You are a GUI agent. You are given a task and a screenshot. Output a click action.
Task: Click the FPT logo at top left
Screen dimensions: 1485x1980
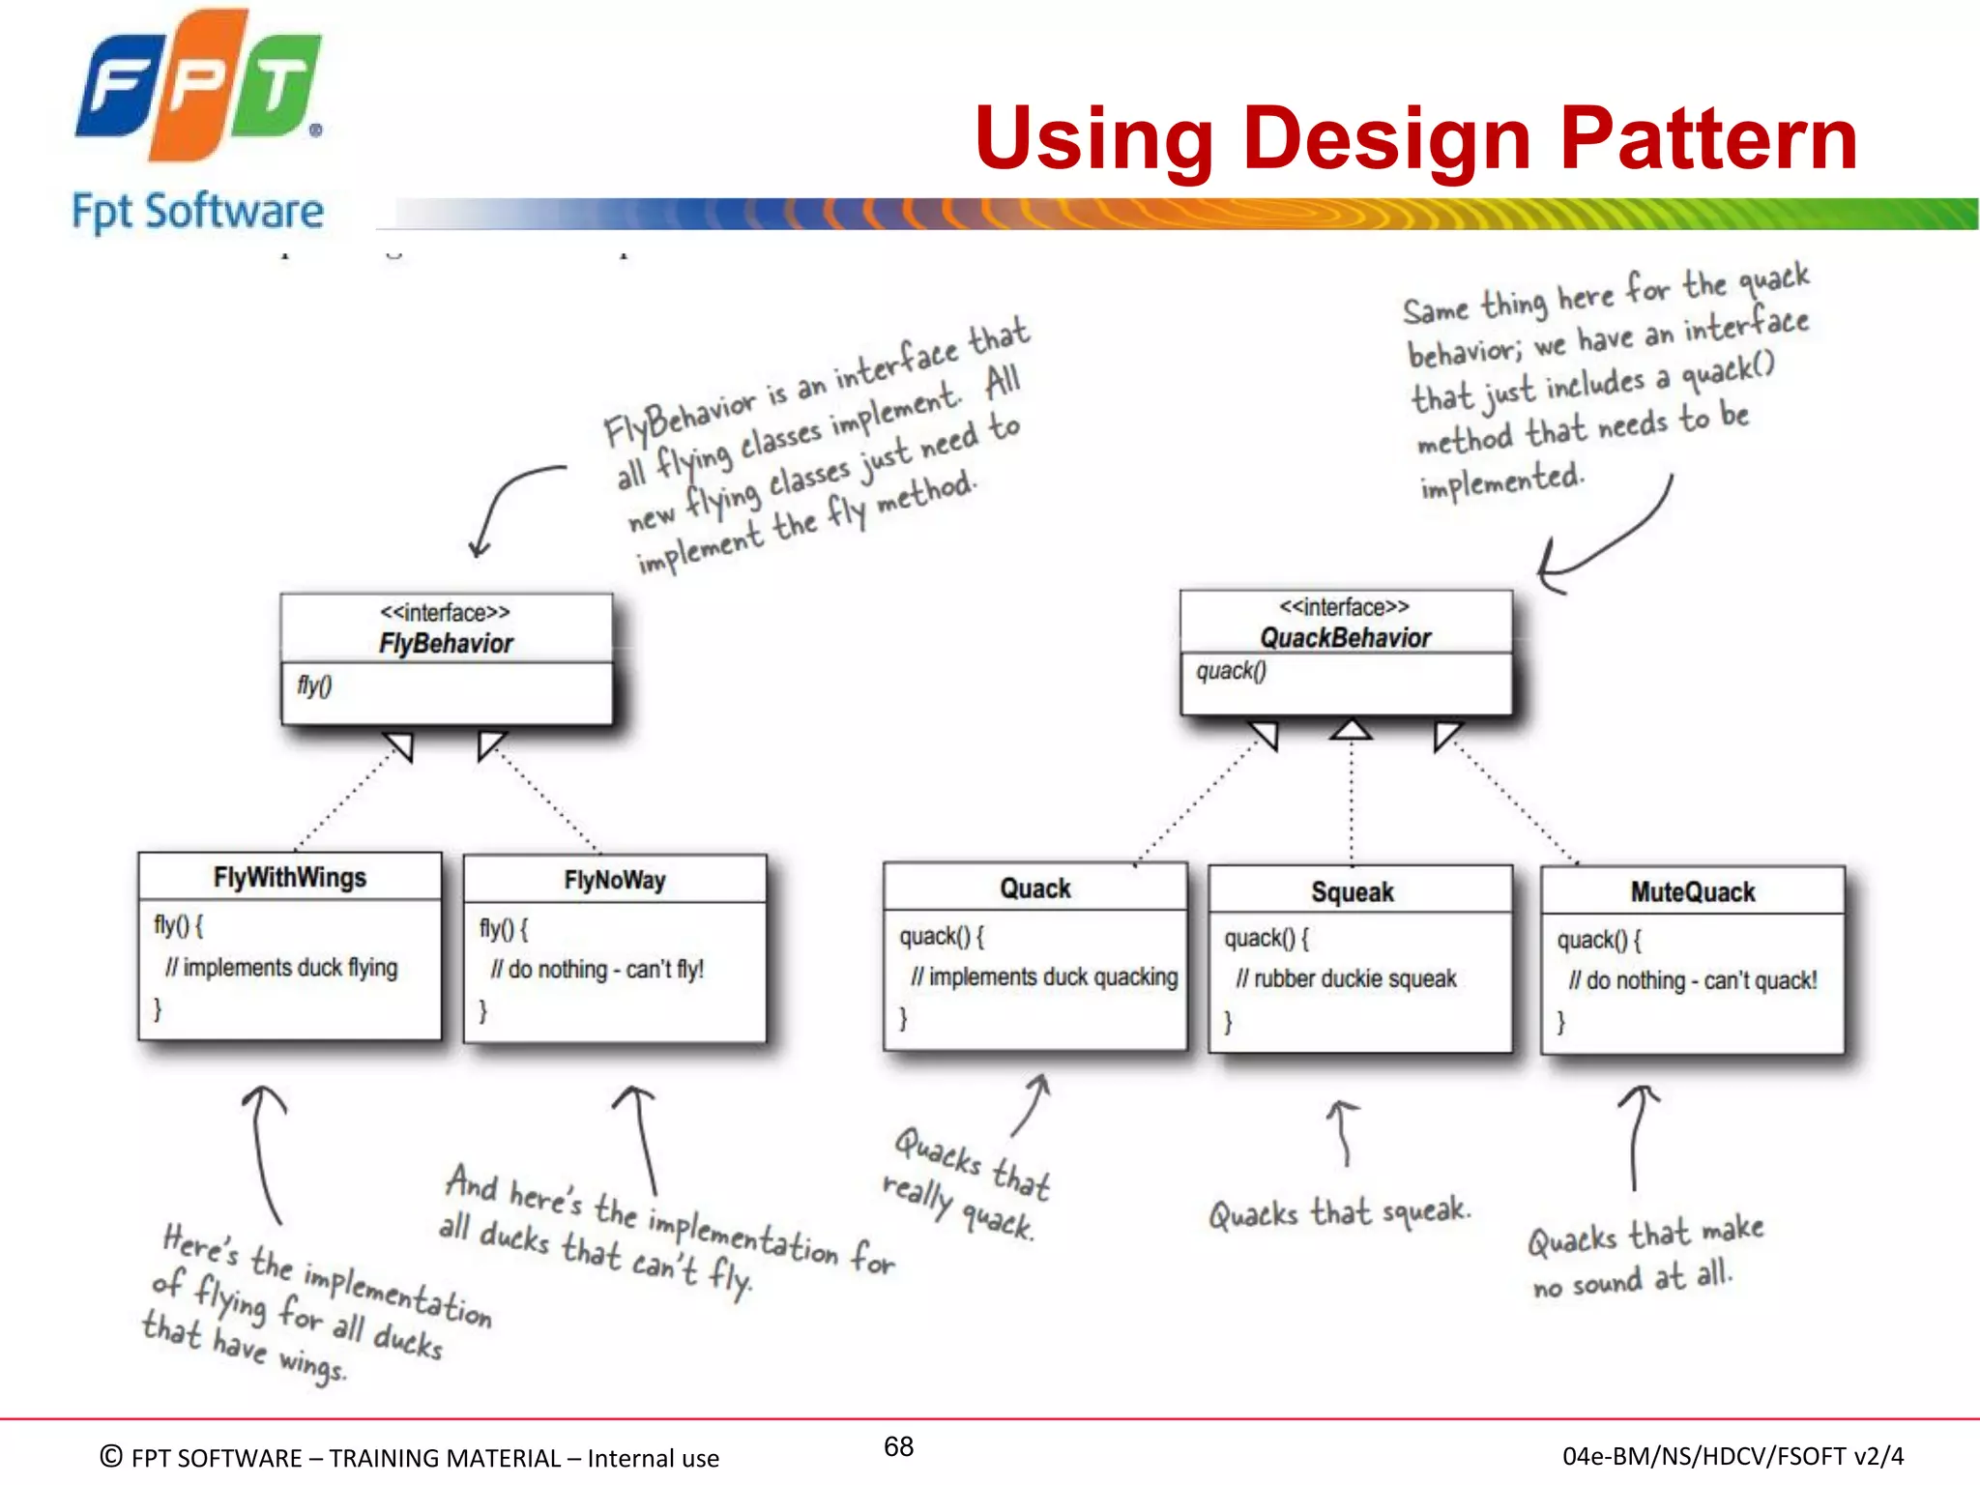tap(199, 87)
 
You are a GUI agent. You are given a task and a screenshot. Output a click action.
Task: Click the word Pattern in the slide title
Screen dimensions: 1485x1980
tap(1708, 138)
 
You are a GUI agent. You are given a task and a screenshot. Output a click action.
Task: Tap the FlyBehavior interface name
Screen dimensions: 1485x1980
tap(446, 644)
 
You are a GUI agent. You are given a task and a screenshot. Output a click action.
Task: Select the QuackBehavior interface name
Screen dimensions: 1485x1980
tap(1345, 638)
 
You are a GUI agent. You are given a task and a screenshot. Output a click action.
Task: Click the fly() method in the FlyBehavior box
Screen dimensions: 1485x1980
tap(314, 686)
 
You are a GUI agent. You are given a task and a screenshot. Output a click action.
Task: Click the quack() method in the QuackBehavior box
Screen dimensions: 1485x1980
tap(1231, 671)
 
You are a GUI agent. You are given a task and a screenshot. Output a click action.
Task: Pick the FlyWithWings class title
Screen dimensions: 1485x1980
tap(290, 878)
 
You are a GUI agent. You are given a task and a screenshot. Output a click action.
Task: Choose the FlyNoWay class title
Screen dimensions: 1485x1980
tap(615, 881)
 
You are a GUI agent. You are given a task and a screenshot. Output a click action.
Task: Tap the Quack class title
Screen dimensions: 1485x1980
tap(1034, 889)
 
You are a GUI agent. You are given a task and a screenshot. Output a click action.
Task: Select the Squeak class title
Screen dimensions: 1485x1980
tap(1352, 892)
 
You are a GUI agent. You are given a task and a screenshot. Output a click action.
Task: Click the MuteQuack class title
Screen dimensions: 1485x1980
tap(1692, 892)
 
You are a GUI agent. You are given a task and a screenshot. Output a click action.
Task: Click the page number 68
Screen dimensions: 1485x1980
tap(898, 1446)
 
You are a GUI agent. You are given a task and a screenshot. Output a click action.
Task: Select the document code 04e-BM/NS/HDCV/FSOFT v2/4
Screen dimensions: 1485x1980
tap(1732, 1456)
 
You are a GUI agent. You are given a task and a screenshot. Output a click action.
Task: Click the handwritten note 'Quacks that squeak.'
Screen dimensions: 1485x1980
tap(1339, 1212)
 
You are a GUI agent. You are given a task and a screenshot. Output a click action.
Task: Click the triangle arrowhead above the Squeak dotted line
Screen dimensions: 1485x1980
tap(1351, 729)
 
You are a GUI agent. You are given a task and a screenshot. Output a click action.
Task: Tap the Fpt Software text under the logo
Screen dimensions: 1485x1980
tap(197, 212)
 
